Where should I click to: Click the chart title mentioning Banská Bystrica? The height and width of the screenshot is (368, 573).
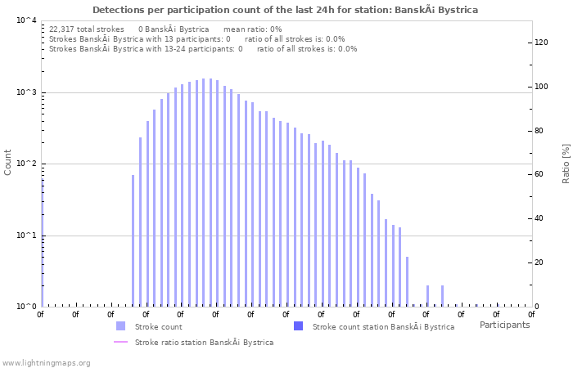[286, 10]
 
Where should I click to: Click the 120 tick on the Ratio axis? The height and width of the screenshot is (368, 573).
[541, 43]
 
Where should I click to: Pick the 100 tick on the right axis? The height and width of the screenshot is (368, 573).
[541, 87]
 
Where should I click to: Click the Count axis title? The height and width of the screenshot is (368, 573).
[8, 162]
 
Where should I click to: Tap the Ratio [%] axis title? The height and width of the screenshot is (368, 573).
[566, 163]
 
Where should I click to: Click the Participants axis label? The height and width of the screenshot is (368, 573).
[504, 325]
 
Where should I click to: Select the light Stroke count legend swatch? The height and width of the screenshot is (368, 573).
[120, 326]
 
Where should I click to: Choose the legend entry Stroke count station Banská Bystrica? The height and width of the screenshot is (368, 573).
[383, 327]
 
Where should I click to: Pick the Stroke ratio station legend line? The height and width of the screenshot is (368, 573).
[120, 343]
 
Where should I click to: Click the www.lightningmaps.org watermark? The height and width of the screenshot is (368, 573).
[46, 362]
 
